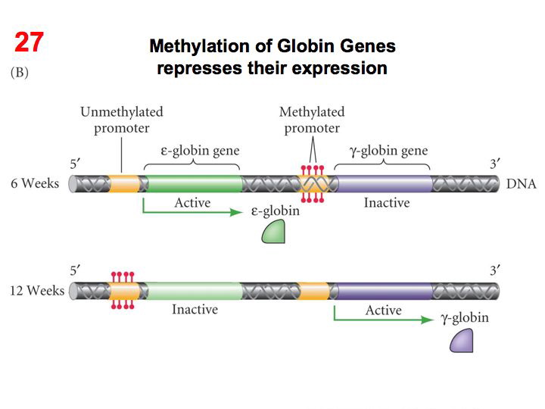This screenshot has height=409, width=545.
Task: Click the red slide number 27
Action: pyautogui.click(x=30, y=42)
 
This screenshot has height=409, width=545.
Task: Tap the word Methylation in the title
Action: pyautogui.click(x=198, y=46)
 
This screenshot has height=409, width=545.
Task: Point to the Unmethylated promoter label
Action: pyautogui.click(x=121, y=120)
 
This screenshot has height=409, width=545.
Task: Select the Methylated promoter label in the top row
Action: pyautogui.click(x=312, y=120)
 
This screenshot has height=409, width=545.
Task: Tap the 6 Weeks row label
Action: pyautogui.click(x=35, y=184)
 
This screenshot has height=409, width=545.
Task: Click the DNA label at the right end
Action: pyautogui.click(x=521, y=184)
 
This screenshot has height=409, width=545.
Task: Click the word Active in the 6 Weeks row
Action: pyautogui.click(x=192, y=203)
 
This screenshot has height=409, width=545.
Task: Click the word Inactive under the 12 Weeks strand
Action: pyautogui.click(x=195, y=310)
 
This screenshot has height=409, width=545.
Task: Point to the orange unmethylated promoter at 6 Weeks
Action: pyautogui.click(x=124, y=183)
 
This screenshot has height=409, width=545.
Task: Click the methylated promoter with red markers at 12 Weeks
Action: pyautogui.click(x=123, y=290)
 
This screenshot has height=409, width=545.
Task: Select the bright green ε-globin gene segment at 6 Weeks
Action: pyautogui.click(x=193, y=183)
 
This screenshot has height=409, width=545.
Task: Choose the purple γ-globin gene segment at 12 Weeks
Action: pyautogui.click(x=383, y=290)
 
